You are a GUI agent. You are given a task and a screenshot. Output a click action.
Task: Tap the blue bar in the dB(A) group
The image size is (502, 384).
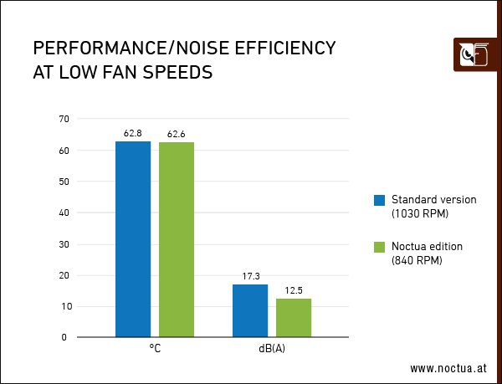(x=250, y=310)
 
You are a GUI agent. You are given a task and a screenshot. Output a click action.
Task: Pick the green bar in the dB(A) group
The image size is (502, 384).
(x=294, y=318)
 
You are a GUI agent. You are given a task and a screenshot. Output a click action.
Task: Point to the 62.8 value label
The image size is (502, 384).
(x=133, y=133)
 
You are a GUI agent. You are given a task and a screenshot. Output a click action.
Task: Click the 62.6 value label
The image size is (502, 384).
(x=177, y=134)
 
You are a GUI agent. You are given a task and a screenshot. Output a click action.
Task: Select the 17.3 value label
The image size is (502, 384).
(x=250, y=275)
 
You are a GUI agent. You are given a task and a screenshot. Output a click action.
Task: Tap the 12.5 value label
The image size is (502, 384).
(x=294, y=290)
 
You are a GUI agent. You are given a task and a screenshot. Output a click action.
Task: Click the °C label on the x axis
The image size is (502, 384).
(x=155, y=349)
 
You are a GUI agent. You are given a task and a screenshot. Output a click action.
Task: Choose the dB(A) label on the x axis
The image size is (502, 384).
(x=272, y=349)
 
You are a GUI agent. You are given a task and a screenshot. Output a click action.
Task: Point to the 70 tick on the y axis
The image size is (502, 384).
(x=64, y=119)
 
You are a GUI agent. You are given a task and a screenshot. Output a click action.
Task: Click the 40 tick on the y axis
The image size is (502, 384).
(x=64, y=212)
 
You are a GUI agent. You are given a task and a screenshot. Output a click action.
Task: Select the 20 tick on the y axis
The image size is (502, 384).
(x=64, y=275)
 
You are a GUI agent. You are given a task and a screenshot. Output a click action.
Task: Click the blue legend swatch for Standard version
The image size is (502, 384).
(x=379, y=200)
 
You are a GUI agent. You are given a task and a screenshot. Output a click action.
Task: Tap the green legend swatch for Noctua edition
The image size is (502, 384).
(x=379, y=247)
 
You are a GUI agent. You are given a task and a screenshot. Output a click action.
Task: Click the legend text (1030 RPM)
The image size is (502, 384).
(x=420, y=214)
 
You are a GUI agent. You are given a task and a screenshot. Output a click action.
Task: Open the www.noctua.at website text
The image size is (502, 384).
(x=448, y=368)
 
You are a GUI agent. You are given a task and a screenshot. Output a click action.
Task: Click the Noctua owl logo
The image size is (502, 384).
(x=474, y=56)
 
